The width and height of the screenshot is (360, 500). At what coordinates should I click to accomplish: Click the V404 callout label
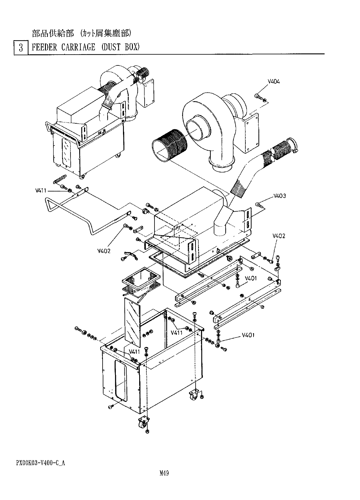[274, 82]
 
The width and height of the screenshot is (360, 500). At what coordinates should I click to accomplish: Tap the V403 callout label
[279, 196]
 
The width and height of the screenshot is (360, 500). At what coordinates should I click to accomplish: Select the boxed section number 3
[21, 48]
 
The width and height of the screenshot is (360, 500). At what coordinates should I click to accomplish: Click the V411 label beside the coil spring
[41, 191]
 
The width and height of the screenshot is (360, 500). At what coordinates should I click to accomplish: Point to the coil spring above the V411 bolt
[59, 179]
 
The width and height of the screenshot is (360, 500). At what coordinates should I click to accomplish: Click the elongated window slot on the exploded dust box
[120, 380]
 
